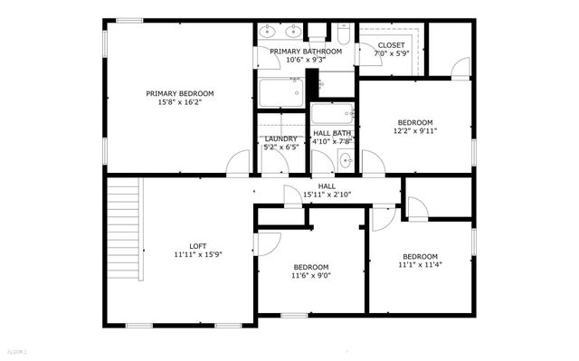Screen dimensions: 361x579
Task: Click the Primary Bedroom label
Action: (x=180, y=93)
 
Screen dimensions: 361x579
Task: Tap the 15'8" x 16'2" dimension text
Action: (x=180, y=102)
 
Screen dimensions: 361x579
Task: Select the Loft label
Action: (x=198, y=246)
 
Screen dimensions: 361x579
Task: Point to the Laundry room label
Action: (x=280, y=138)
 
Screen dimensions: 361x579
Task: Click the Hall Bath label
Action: (x=331, y=133)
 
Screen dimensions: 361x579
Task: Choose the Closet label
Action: (x=392, y=44)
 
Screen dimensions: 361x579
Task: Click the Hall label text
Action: (x=327, y=185)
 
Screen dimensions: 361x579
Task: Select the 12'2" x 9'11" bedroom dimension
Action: (x=416, y=131)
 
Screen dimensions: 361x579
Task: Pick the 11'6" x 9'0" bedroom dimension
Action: (x=310, y=276)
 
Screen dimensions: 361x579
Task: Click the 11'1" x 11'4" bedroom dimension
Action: (x=420, y=265)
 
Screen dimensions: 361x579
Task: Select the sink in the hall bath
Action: (x=346, y=161)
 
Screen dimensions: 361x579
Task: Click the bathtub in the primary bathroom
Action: (x=280, y=93)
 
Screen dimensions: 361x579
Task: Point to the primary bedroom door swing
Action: (x=238, y=162)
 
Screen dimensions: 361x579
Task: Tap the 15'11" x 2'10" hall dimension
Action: (x=327, y=195)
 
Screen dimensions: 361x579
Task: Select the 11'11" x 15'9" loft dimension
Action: (x=198, y=255)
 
